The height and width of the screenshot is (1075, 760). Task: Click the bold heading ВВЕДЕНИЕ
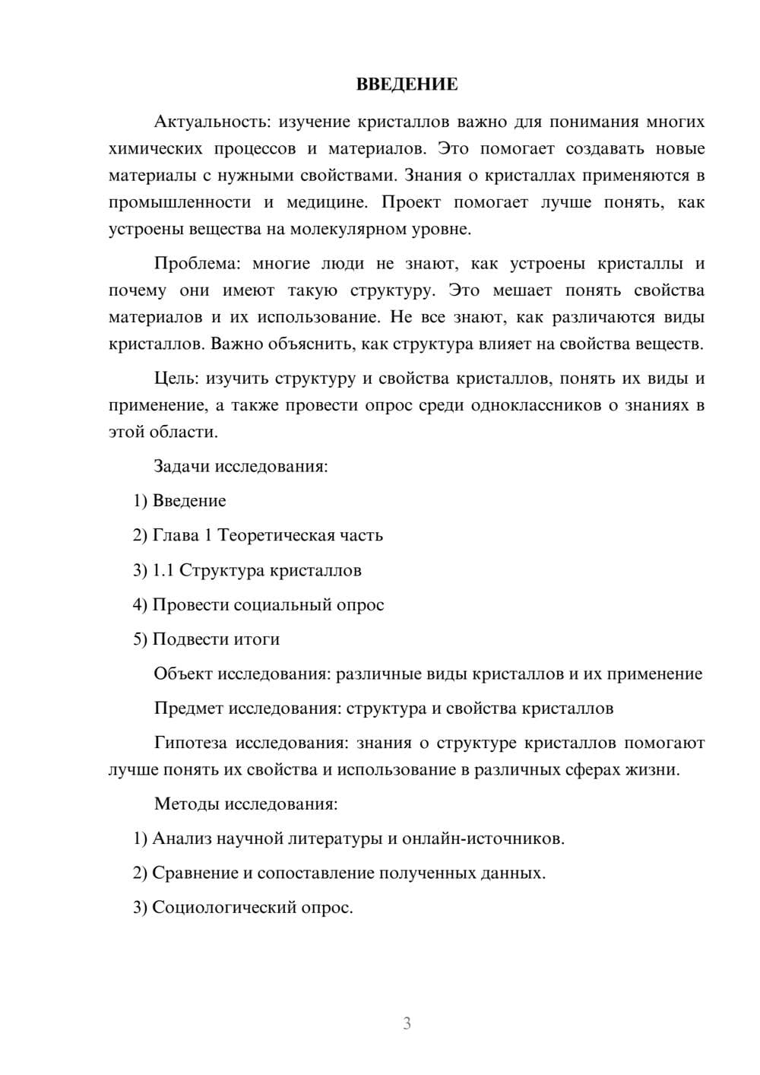[407, 84]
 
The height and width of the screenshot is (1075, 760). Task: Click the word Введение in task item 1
[189, 501]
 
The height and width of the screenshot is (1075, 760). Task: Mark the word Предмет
[188, 709]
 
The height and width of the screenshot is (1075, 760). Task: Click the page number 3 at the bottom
[407, 1024]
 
